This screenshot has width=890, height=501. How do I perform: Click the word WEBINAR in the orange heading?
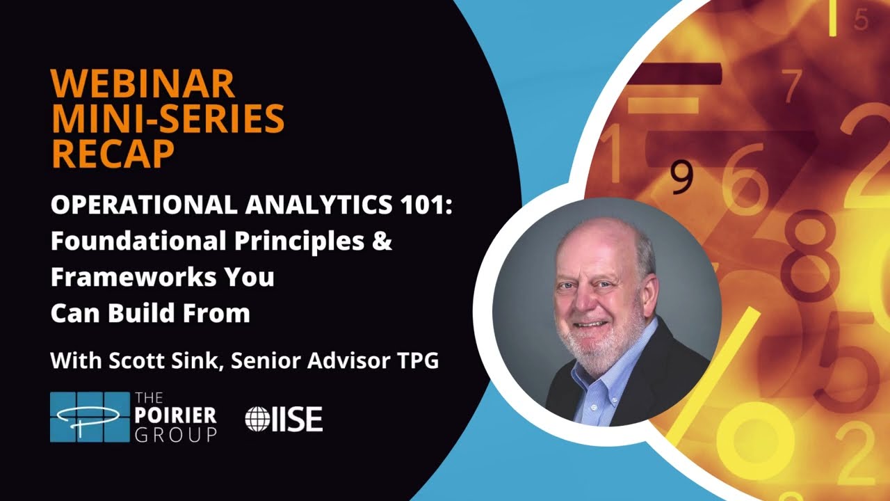142,84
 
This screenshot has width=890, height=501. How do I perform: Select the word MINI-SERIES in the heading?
168,119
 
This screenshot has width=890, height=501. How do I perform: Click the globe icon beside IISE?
257,419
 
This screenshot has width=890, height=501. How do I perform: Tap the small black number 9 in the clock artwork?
682,178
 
